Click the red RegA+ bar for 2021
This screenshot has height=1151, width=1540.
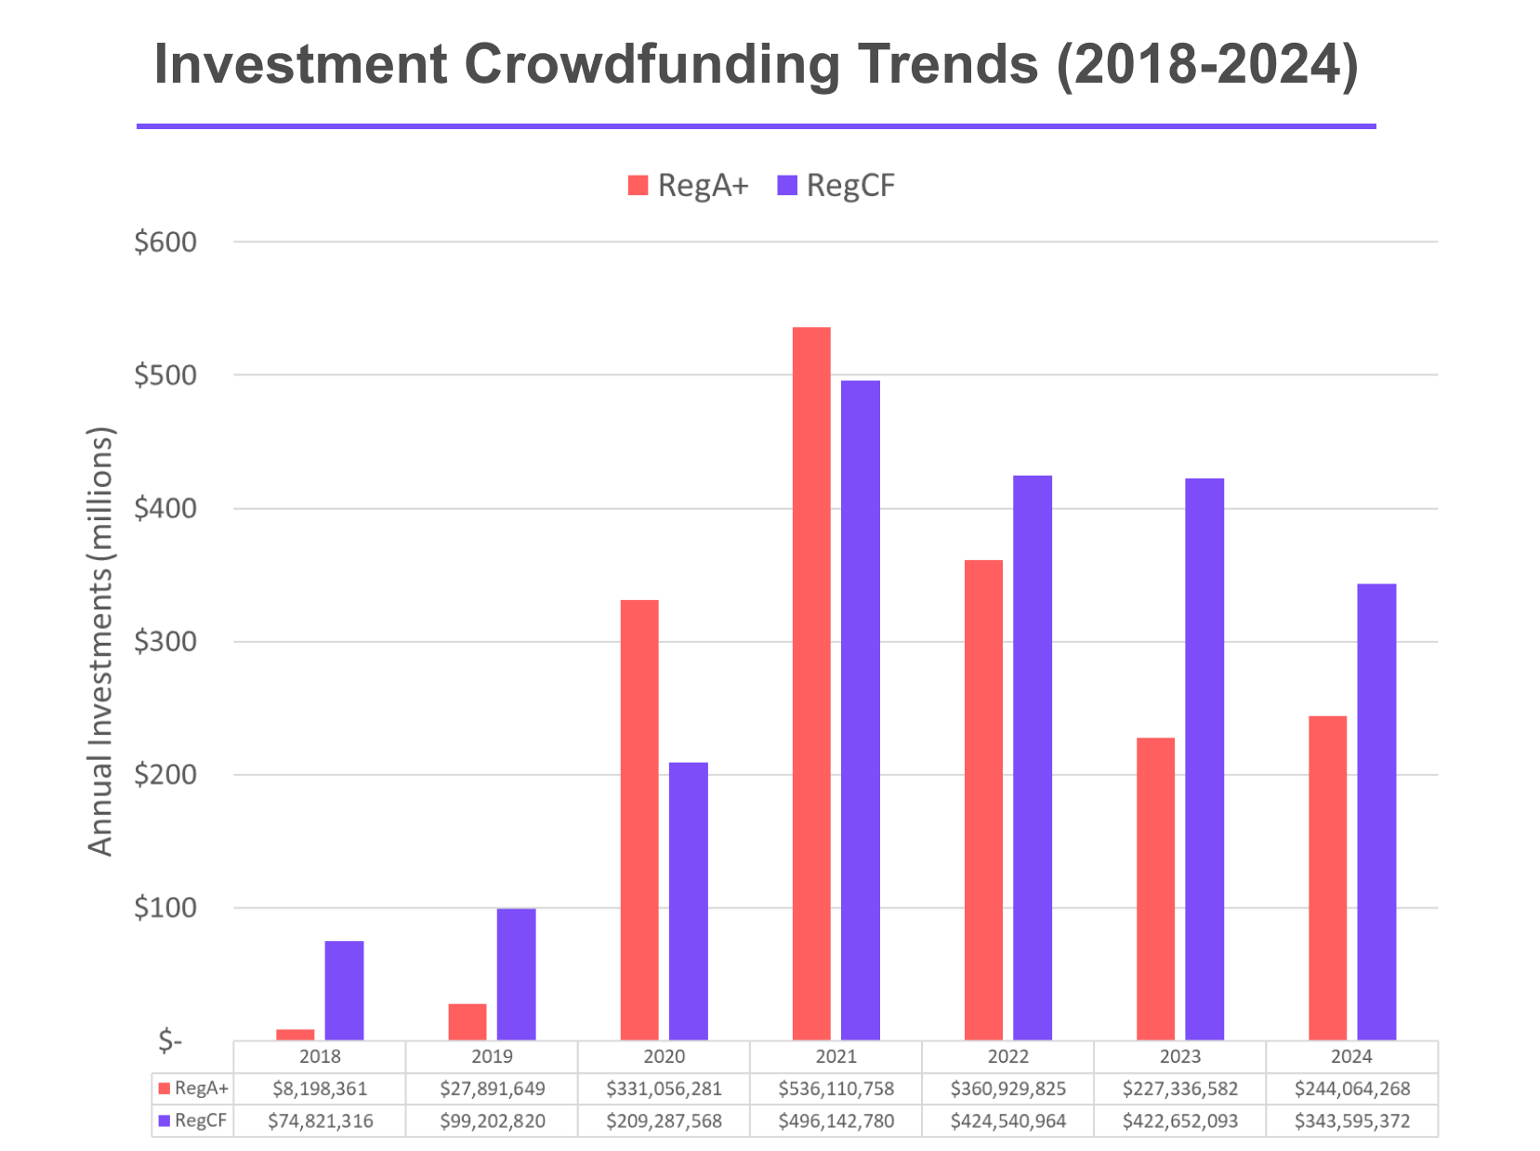pos(811,683)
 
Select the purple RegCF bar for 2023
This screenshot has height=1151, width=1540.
pos(1204,759)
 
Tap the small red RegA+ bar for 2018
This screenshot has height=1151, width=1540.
pos(296,1034)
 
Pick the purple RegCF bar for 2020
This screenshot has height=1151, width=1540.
pos(688,901)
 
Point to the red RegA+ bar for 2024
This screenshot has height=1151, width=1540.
pos(1327,878)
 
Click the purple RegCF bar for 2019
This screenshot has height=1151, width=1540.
pos(516,974)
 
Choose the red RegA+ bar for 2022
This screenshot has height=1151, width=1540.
pos(983,800)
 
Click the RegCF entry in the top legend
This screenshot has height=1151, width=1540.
pos(836,186)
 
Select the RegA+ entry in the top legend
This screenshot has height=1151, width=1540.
pos(688,186)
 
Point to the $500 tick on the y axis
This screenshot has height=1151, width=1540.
pos(165,375)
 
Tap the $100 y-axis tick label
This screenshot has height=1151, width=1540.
pos(165,908)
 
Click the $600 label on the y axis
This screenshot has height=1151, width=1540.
pos(165,242)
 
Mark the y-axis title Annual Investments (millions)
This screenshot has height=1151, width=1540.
pos(100,641)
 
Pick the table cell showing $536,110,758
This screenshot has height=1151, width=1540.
pos(836,1089)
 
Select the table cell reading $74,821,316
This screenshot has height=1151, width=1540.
pos(320,1121)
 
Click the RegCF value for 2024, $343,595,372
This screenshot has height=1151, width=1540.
pos(1351,1121)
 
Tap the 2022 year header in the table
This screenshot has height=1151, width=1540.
pos(1007,1056)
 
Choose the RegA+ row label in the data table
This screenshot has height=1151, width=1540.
pos(193,1089)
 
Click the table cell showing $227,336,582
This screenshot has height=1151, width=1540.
pos(1179,1089)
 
